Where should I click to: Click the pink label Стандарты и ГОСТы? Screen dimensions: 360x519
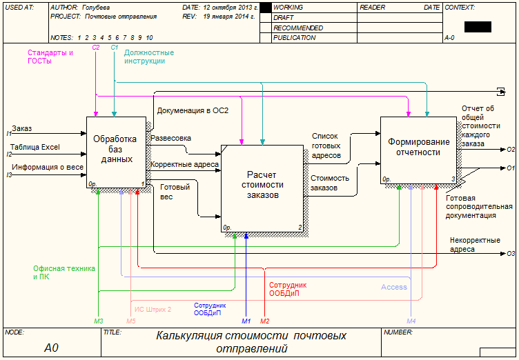click(50, 57)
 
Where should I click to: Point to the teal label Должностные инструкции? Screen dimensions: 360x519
click(149, 57)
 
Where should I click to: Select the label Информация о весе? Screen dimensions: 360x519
click(48, 166)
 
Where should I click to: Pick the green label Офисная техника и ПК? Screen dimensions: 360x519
click(64, 272)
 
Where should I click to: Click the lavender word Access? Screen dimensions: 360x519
click(394, 287)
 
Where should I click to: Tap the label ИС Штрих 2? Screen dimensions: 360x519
click(153, 310)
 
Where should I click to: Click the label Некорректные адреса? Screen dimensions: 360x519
click(475, 245)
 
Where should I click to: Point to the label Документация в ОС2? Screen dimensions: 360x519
click(193, 110)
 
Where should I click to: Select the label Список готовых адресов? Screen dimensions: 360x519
click(326, 146)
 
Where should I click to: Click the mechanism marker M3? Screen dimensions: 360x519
click(99, 321)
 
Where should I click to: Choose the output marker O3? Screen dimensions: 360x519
click(511, 254)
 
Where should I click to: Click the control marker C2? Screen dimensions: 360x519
click(96, 47)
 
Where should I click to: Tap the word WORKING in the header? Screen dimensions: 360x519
click(288, 7)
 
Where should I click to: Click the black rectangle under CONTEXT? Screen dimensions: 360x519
click(478, 27)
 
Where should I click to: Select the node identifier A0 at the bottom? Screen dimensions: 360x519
click(52, 348)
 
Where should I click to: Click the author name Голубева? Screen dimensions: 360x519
click(96, 7)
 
